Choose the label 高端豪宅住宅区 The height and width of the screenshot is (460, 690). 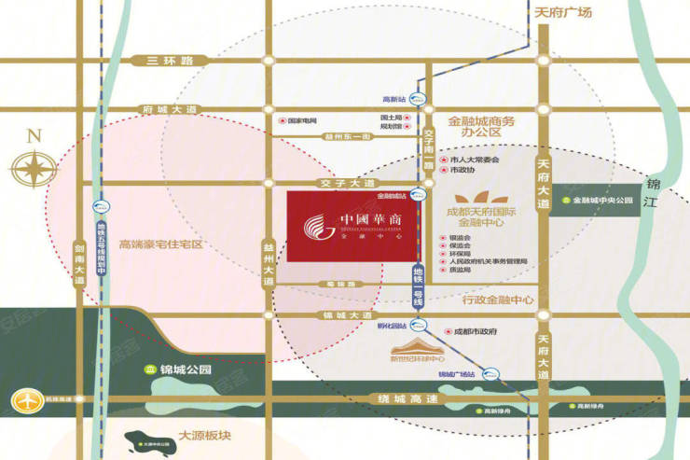point(160,245)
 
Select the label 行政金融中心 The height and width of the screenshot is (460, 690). point(497,300)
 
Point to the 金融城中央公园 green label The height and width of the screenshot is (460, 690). point(602,201)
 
